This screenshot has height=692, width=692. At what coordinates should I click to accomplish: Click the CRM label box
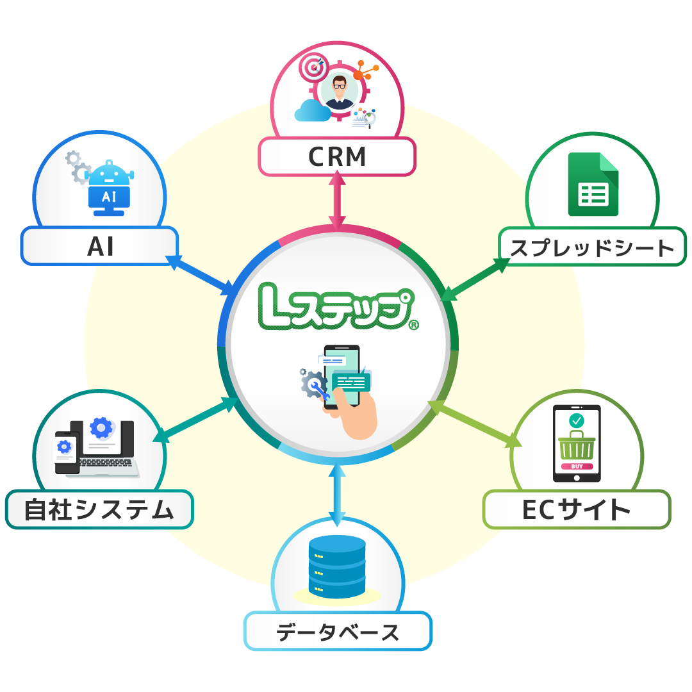(x=337, y=157)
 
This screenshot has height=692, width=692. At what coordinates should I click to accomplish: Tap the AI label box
(x=99, y=246)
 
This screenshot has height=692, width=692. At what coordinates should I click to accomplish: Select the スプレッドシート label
(x=592, y=247)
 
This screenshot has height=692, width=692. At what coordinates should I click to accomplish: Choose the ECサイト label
(x=576, y=510)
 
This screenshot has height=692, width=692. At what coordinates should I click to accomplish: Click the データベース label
(x=338, y=632)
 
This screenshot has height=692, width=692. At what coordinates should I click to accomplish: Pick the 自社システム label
(x=99, y=510)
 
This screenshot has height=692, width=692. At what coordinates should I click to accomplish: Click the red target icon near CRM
(x=313, y=67)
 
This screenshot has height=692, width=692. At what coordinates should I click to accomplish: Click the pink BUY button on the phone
(x=577, y=466)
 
